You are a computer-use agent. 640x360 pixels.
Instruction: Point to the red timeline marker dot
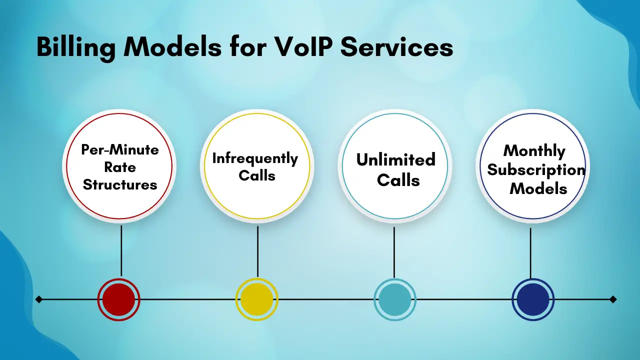[x=119, y=299]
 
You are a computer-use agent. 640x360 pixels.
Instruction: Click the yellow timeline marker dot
[x=257, y=299]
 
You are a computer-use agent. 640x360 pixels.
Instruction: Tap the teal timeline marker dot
[x=395, y=299]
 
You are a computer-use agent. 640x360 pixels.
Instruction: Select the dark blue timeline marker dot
[x=533, y=299]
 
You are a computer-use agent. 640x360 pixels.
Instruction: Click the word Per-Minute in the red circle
[x=120, y=150]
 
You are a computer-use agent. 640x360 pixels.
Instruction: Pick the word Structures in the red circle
[x=120, y=184]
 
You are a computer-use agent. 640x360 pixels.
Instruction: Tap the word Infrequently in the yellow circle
[x=255, y=158]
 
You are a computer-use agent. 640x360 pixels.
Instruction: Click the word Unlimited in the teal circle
[x=396, y=160]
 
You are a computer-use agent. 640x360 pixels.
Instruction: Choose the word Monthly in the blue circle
[x=534, y=150]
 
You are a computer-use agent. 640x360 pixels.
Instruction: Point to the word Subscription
[x=536, y=169]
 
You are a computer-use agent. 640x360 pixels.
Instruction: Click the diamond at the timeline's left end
[x=39, y=299]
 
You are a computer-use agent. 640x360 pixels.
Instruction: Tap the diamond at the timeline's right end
[x=613, y=299]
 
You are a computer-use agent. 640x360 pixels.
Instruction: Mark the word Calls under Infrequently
[x=257, y=176]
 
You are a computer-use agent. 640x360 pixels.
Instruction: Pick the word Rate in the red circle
[x=120, y=167]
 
